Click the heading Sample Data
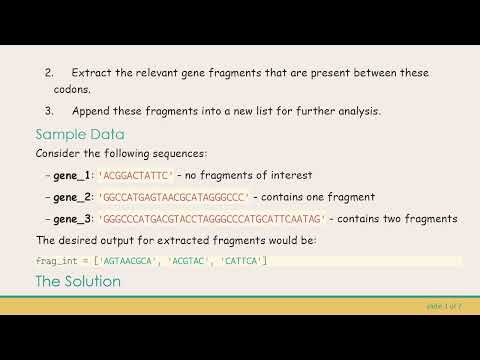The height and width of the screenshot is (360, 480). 80,134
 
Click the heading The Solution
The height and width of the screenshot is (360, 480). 78,282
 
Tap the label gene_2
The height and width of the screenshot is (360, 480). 71,197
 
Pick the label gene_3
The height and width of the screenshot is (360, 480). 71,218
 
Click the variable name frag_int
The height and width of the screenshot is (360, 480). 56,261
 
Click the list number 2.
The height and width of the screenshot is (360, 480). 49,73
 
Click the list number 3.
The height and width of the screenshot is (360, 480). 49,110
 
